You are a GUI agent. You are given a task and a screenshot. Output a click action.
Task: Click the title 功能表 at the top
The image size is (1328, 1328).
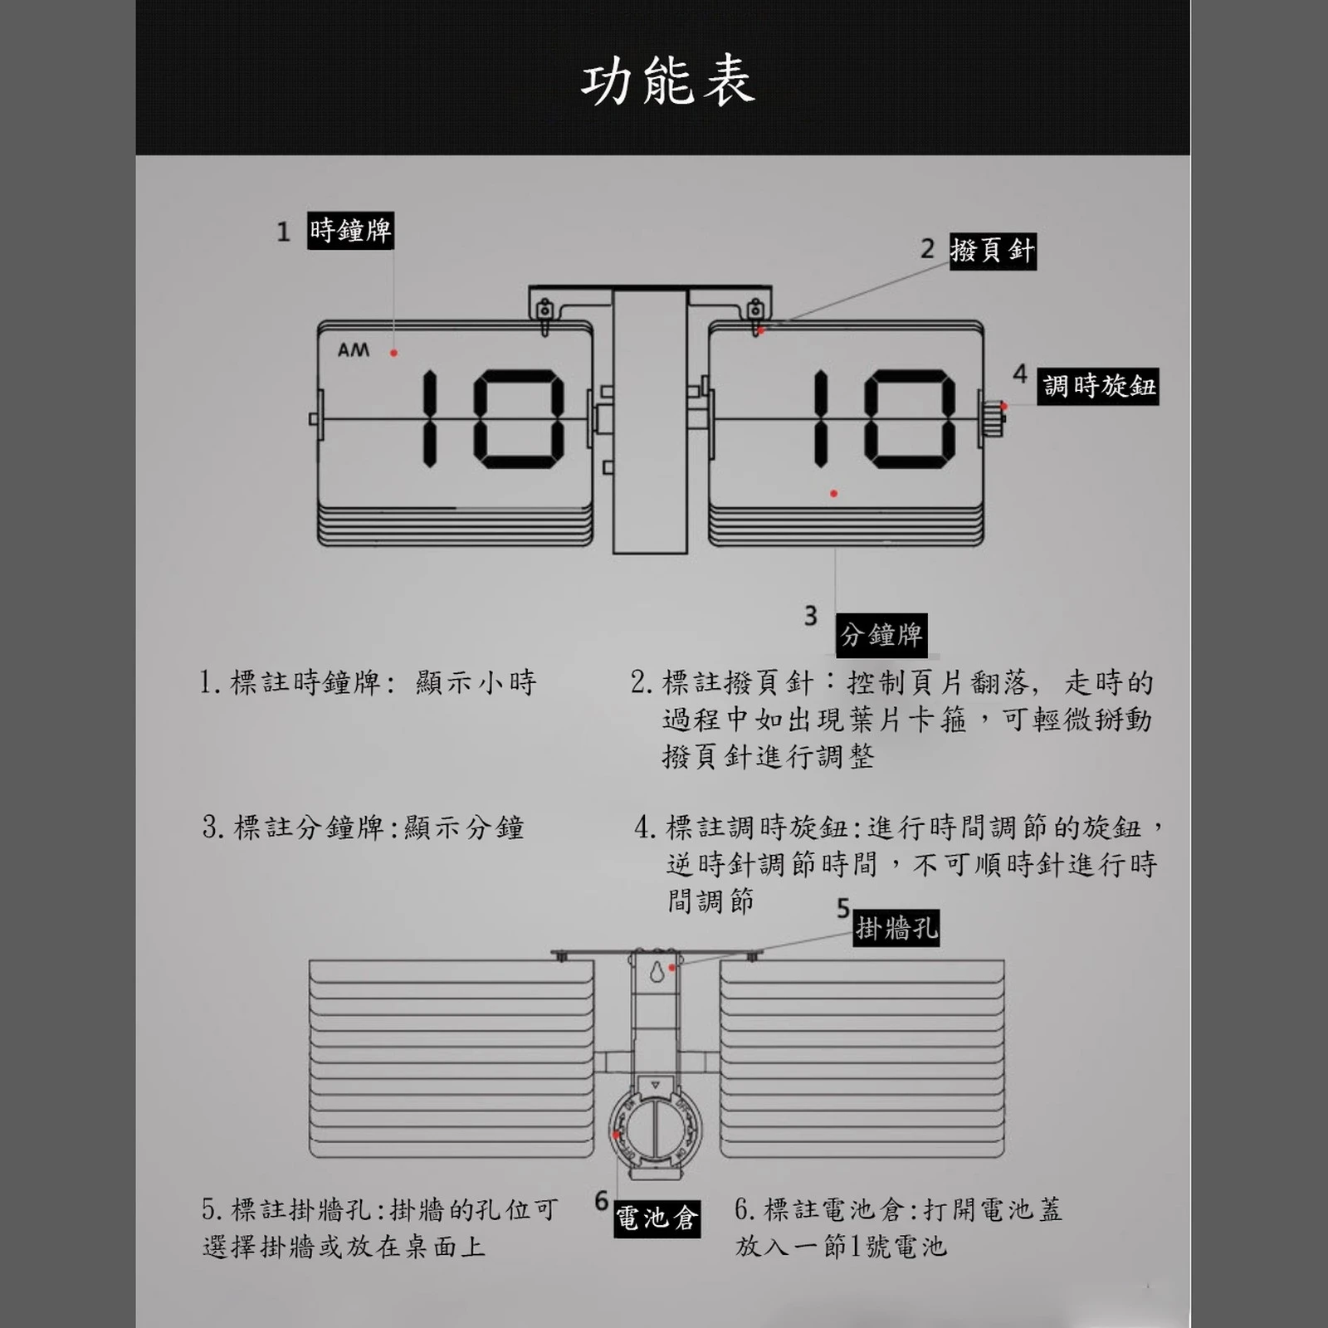(x=667, y=82)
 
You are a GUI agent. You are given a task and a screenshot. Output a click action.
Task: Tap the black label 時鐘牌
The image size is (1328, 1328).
(x=350, y=231)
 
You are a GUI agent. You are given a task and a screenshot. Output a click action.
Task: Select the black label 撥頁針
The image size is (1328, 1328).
(x=993, y=251)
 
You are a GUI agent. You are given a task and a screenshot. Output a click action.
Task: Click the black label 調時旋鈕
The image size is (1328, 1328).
(x=1100, y=386)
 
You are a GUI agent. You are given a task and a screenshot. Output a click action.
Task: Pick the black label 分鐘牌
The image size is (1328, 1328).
(x=881, y=635)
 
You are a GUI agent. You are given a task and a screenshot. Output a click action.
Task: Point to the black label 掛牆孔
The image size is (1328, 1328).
(x=896, y=928)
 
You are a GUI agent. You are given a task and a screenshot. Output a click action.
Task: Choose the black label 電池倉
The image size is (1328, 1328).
(x=657, y=1218)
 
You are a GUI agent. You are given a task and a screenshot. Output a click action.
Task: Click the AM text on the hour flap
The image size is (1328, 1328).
(x=354, y=350)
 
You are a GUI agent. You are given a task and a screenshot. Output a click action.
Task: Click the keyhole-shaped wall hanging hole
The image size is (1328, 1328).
(x=657, y=970)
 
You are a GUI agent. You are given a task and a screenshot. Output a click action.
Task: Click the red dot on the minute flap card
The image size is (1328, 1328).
(x=833, y=494)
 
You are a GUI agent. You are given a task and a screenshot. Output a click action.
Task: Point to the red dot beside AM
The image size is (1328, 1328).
(x=394, y=353)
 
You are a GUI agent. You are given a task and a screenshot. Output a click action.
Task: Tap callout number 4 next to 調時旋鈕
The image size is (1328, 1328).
(x=1020, y=374)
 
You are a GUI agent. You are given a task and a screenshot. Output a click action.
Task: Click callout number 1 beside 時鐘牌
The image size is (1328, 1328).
(x=284, y=232)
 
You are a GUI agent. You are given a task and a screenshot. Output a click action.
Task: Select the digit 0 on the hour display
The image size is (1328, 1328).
(x=519, y=419)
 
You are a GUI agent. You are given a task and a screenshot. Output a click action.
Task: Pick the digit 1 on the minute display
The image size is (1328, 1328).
(x=821, y=417)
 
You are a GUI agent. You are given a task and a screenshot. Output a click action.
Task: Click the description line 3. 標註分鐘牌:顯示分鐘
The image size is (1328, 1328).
(x=364, y=828)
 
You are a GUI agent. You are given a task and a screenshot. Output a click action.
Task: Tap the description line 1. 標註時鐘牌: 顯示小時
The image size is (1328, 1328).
(x=368, y=682)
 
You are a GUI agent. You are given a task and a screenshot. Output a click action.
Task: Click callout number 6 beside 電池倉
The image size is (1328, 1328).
(x=602, y=1201)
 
